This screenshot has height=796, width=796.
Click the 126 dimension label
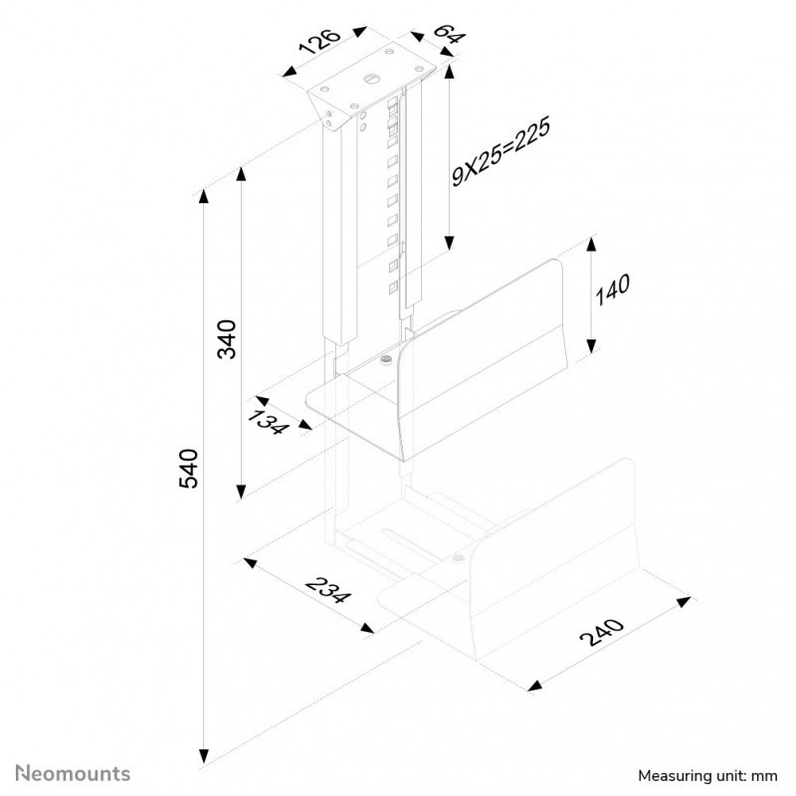tap(319, 42)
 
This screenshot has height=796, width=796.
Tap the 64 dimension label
tap(450, 33)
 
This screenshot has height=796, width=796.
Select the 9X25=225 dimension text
tap(500, 152)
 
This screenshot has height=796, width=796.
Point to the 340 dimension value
tap(227, 339)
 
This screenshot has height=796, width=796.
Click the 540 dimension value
tap(188, 469)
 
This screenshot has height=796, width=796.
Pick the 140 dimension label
tap(612, 290)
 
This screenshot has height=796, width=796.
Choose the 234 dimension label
tap(328, 590)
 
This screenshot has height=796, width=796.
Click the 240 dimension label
tap(602, 632)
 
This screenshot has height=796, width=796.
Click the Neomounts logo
tap(73, 774)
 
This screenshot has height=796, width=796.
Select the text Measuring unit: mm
tap(707, 776)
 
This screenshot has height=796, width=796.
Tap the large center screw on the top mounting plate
tap(370, 79)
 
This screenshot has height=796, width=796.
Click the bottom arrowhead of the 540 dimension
tap(204, 756)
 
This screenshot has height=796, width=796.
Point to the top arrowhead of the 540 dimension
tap(204, 196)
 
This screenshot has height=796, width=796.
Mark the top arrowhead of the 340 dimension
tap(241, 173)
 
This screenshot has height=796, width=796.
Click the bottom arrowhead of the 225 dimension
tap(450, 243)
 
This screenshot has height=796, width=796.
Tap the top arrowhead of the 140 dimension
tap(591, 245)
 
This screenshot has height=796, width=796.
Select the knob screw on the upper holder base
tap(387, 361)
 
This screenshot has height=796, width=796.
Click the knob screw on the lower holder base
tap(459, 559)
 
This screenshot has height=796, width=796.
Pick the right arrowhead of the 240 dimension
tap(684, 602)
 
